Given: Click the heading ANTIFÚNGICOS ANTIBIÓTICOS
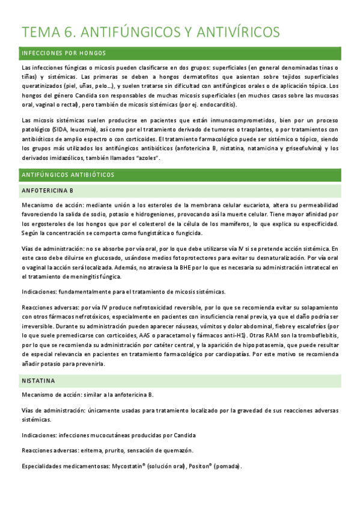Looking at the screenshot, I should point(68,175).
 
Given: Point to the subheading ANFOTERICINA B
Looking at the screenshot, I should point(47,191).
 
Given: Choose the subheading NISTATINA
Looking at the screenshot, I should point(38,381).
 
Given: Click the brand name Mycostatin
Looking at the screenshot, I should point(130,466).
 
